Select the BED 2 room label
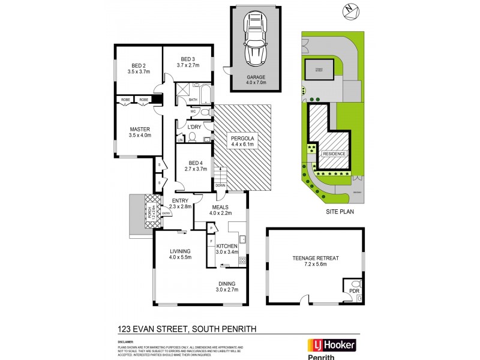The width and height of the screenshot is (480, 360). (x=139, y=65)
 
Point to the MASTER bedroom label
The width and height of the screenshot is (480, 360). (x=140, y=129)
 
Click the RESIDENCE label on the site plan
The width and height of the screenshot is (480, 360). (x=334, y=154)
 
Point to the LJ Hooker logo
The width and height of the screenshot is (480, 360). (x=332, y=345)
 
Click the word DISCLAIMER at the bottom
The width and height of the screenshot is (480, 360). (x=129, y=342)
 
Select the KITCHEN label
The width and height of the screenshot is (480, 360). (x=227, y=246)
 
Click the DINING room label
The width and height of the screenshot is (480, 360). (x=226, y=283)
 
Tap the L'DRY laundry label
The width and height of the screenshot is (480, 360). (x=194, y=127)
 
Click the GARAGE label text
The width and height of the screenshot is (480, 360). (x=255, y=77)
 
